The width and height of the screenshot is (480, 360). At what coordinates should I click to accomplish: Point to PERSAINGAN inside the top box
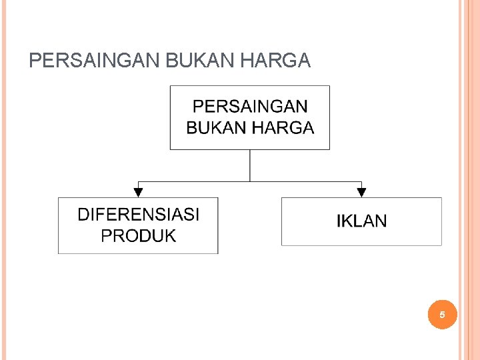click(x=250, y=107)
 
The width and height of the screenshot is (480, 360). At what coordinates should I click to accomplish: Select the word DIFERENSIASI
click(x=138, y=215)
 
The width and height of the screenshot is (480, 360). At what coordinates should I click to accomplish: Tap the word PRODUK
click(x=138, y=235)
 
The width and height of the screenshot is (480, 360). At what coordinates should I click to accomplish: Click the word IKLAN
click(x=361, y=221)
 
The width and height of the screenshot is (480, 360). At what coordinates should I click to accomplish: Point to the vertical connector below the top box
click(x=250, y=165)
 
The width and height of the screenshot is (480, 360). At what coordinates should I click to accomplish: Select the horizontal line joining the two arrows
click(x=193, y=181)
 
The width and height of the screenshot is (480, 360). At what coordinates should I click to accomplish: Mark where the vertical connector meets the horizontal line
click(x=250, y=181)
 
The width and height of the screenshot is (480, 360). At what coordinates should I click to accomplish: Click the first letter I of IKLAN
click(x=339, y=221)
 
